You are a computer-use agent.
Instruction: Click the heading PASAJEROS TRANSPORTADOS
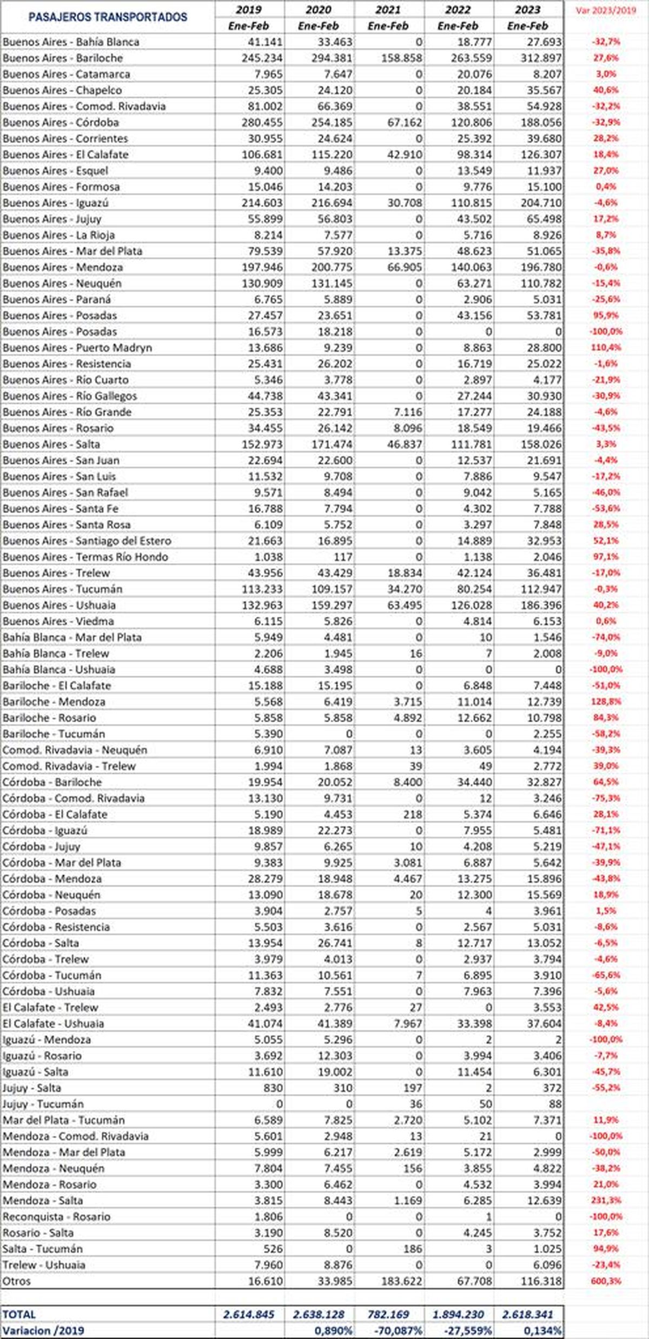[108, 17]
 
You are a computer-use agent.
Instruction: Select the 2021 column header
[388, 10]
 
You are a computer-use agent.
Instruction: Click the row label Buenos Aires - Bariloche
[63, 58]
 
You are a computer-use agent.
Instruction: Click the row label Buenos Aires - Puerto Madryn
[77, 348]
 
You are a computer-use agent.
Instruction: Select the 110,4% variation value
[606, 348]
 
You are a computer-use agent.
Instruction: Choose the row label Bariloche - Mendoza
[54, 702]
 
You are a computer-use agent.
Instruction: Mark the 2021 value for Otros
[401, 1281]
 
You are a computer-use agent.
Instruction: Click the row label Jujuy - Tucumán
[43, 1104]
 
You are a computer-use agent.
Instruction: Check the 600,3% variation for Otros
[606, 1281]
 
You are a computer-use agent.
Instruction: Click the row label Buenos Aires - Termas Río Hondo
[85, 557]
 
